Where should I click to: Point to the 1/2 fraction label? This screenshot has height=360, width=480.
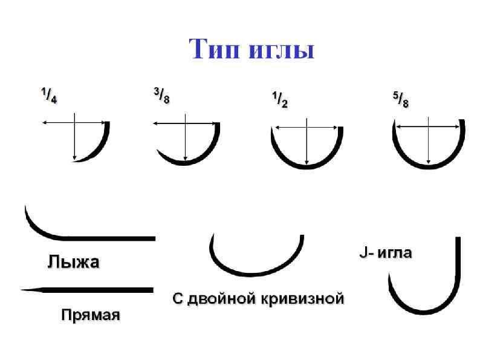(277, 99)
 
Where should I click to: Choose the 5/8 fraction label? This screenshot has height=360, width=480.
(398, 99)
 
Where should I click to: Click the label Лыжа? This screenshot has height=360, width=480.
(73, 262)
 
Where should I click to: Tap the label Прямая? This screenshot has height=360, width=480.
(91, 315)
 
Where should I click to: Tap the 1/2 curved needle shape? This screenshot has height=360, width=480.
(308, 165)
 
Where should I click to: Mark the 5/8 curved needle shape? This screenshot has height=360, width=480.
(429, 164)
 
